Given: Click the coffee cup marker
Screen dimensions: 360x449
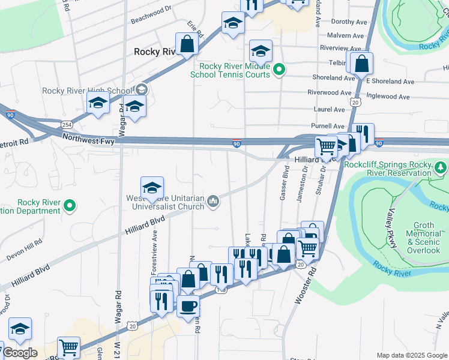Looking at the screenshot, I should (x=188, y=306).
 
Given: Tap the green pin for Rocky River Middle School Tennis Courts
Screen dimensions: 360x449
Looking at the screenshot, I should (x=279, y=71).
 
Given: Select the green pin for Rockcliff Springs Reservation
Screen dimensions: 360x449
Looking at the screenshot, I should (x=441, y=166).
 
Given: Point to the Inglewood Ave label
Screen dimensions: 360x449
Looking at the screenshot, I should (x=388, y=97).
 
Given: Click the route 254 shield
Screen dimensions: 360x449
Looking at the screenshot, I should (x=67, y=124).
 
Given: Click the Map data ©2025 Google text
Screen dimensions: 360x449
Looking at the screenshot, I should (x=411, y=355).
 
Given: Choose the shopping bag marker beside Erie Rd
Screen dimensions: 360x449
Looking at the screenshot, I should (x=187, y=44).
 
